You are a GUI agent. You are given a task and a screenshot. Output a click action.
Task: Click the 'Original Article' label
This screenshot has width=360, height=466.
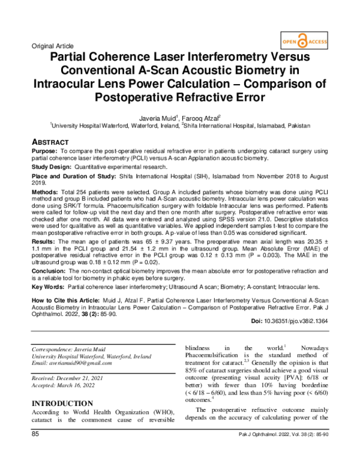pyautogui.click(x=52, y=46)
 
